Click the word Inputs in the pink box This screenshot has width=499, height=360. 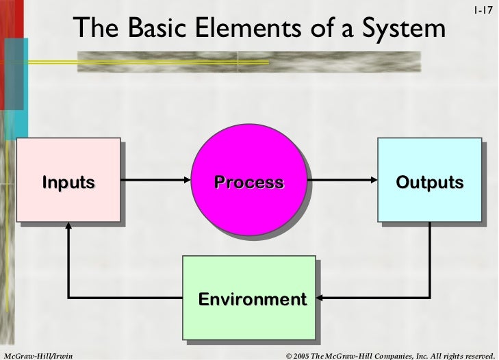click(x=68, y=182)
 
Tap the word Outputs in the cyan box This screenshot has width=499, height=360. click(x=429, y=182)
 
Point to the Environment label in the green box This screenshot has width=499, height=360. click(x=252, y=299)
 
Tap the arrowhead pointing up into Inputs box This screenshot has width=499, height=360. click(x=68, y=230)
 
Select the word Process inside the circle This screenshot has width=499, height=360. click(x=248, y=182)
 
